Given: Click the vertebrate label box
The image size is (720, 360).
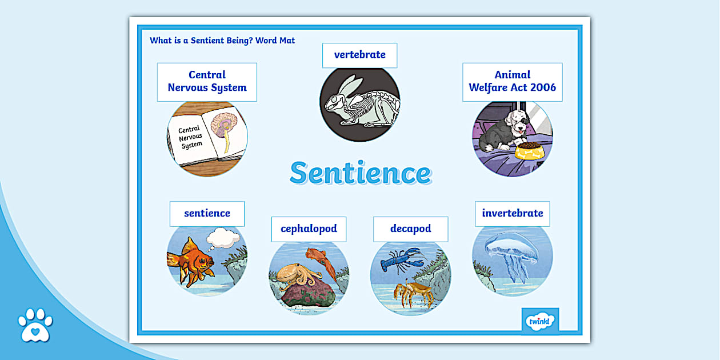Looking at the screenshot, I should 359,55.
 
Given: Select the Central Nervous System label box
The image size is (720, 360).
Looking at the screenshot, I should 207,82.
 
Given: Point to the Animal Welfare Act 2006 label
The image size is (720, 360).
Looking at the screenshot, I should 512,82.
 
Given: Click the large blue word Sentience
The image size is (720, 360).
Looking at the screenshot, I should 360,173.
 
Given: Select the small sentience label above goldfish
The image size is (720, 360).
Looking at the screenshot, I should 207,214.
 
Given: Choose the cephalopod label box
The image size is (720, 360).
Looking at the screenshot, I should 309,229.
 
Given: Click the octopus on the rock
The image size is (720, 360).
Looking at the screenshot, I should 297,277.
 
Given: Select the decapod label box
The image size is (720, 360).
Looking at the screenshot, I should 410,229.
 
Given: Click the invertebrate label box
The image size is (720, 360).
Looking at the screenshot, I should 512,214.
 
